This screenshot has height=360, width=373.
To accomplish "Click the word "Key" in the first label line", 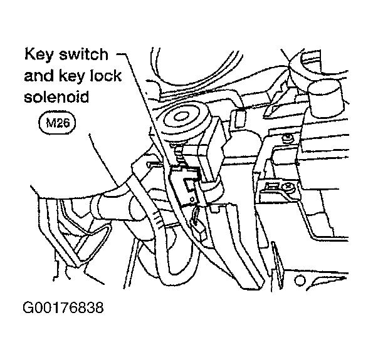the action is (38, 54).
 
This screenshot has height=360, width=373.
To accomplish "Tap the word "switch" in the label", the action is (83, 54).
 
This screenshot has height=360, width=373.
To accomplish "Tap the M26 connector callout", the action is (57, 123).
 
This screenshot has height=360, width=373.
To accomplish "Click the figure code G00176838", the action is (63, 307).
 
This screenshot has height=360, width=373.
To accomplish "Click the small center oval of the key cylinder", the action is (181, 116).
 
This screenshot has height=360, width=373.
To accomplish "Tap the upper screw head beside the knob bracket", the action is (288, 138).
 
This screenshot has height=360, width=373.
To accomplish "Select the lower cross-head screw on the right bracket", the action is (289, 186).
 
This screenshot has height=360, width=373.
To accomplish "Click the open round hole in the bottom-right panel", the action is (300, 280).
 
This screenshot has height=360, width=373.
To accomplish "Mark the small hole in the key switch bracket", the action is (192, 198).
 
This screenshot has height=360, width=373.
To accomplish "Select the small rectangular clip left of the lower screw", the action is (272, 186).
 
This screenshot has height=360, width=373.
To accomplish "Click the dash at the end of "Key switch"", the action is (121, 54).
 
